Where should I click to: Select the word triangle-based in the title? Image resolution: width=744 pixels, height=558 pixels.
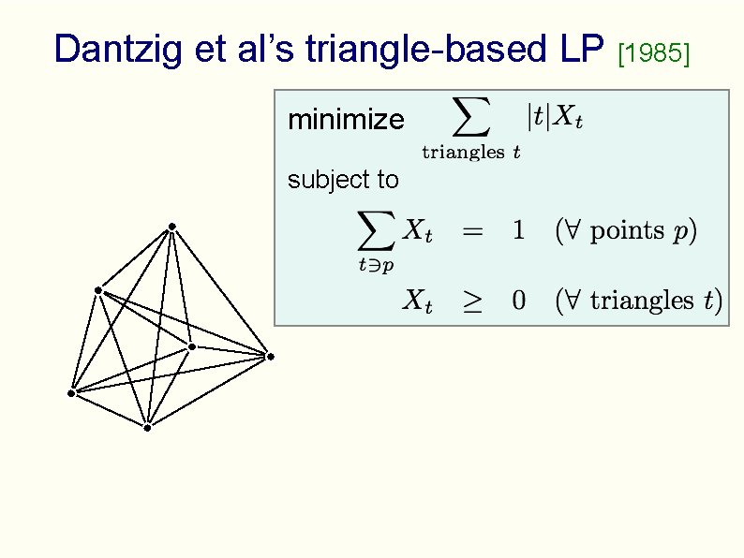click(406, 50)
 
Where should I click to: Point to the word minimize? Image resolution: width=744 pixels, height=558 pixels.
click(346, 120)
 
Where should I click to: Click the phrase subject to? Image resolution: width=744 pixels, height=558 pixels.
click(343, 180)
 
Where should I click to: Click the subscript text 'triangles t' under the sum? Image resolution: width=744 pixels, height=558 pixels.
click(471, 153)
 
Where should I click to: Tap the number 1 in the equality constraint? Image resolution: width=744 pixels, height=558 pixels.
click(518, 230)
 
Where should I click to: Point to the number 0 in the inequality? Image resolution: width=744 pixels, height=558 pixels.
click(518, 301)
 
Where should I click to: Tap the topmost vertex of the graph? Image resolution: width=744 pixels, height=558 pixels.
click(172, 227)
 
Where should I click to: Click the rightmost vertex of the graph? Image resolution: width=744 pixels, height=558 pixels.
click(269, 356)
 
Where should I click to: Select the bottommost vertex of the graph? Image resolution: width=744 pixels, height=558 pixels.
click(147, 427)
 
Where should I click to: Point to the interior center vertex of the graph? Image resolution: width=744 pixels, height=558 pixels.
click(191, 347)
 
